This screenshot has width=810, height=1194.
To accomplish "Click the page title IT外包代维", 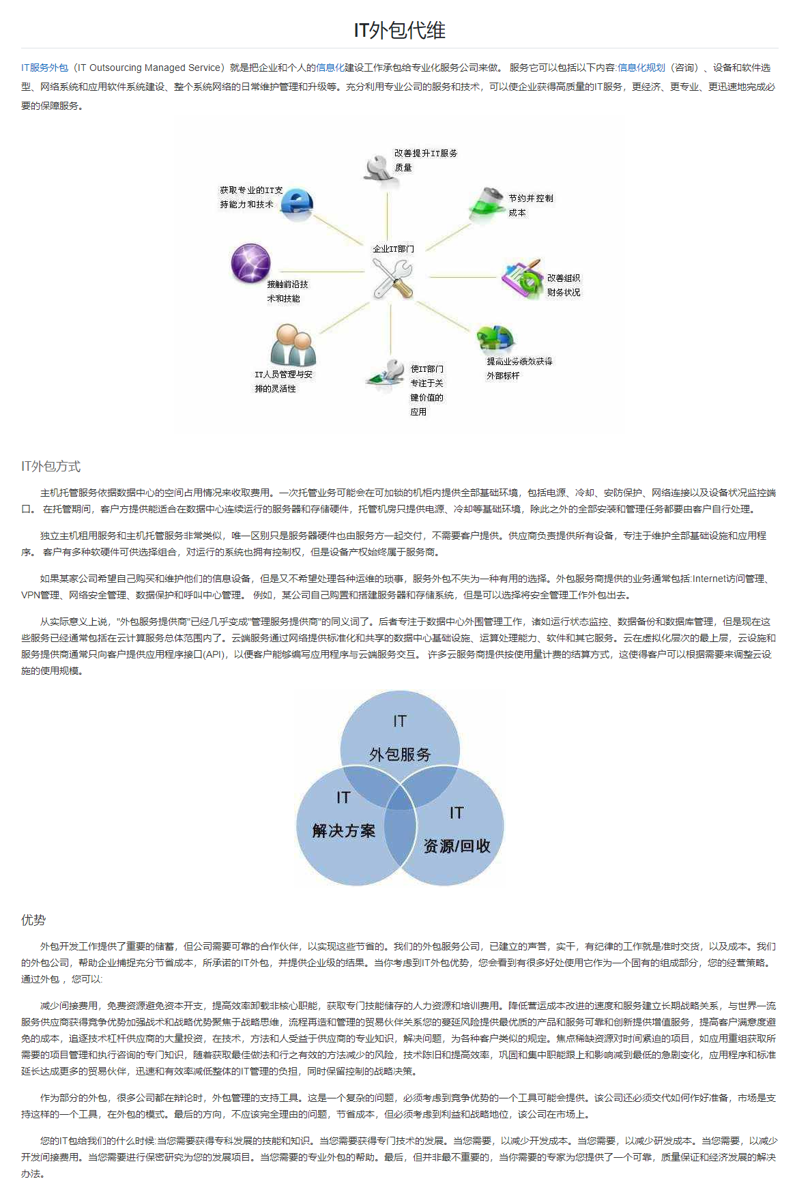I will click(x=399, y=30).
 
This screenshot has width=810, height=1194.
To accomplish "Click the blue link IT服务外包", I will click(x=44, y=68).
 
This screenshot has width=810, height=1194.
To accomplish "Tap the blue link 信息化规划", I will click(x=641, y=68).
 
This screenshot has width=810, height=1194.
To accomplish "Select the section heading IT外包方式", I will click(x=50, y=466).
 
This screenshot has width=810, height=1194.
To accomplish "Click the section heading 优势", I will click(x=33, y=920).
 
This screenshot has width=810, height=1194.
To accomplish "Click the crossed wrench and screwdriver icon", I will click(x=392, y=278).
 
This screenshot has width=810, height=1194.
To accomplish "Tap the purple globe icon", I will click(x=250, y=263).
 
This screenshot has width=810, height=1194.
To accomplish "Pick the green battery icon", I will click(x=487, y=203).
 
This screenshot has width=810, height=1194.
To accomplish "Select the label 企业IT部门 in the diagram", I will click(x=393, y=249).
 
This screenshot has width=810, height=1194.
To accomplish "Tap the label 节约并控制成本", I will click(x=530, y=205).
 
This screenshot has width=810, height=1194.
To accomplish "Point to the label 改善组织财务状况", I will click(x=563, y=285).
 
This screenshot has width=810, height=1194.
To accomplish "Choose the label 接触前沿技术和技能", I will click(x=287, y=291).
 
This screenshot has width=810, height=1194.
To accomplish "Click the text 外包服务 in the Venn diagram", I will click(x=400, y=754).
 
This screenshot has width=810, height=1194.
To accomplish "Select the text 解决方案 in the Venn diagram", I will click(x=344, y=830).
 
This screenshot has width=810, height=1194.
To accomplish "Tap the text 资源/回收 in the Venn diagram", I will click(x=457, y=846).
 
